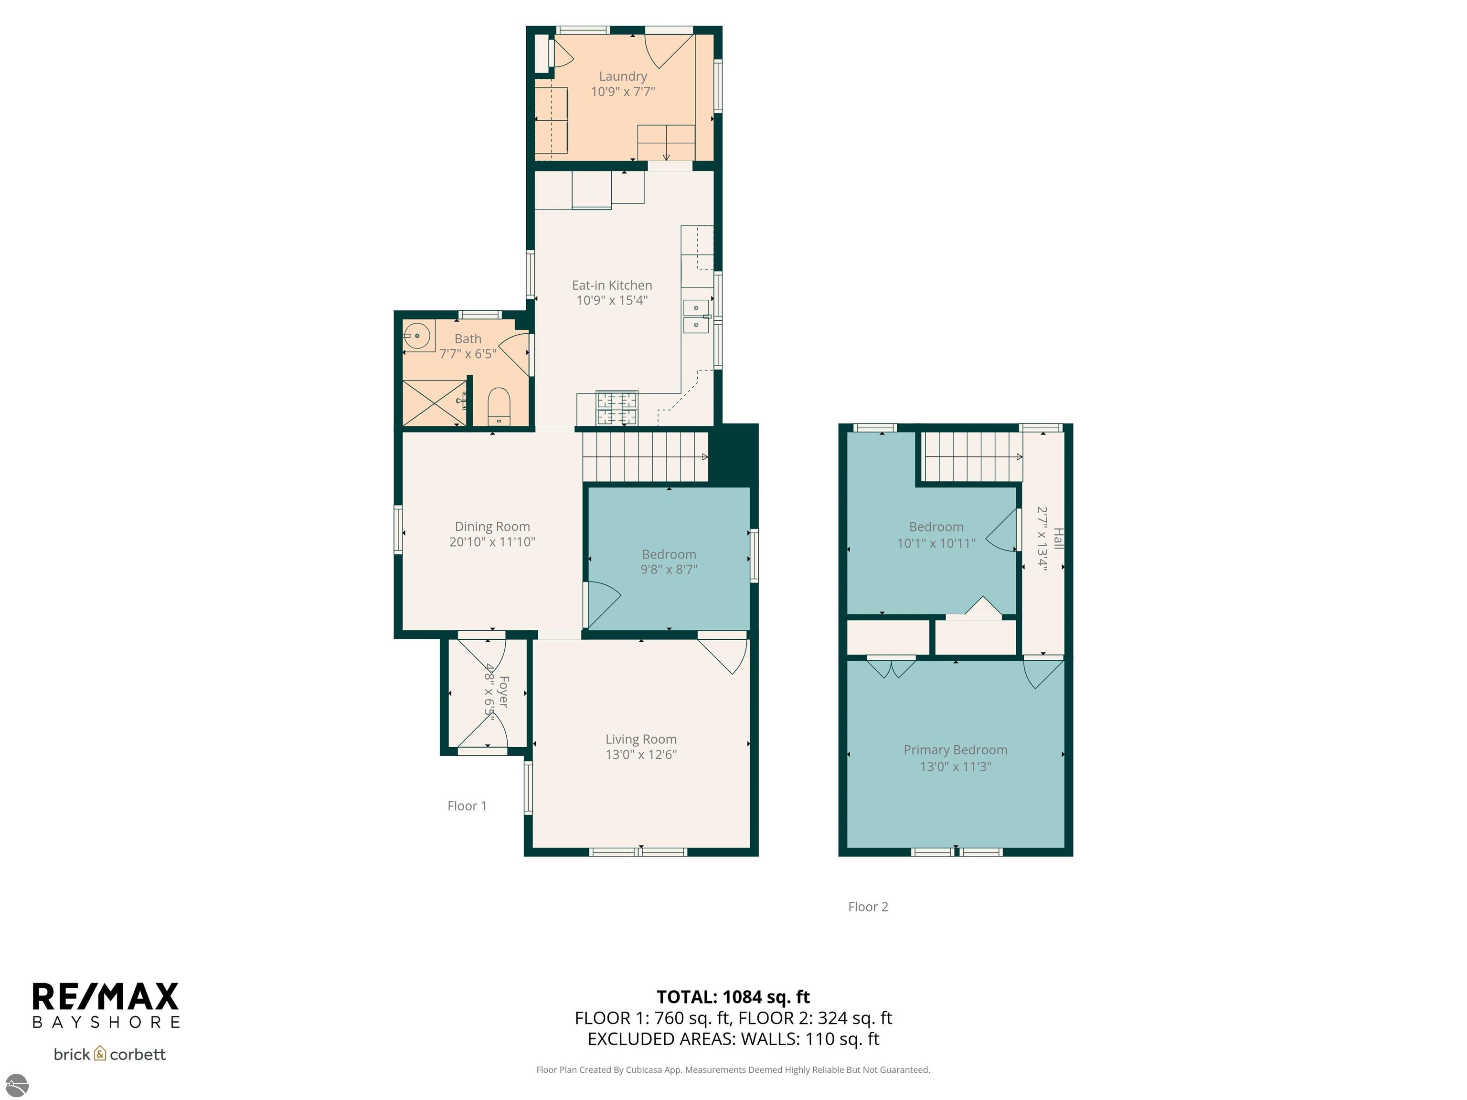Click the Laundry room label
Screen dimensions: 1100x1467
(x=623, y=76)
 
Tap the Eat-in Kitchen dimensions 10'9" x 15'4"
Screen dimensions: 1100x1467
(x=611, y=300)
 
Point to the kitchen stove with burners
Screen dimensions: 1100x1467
(x=617, y=408)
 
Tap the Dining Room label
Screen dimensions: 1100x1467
(x=492, y=527)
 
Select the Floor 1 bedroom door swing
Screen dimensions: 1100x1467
(x=602, y=603)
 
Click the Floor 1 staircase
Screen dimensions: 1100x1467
(x=645, y=456)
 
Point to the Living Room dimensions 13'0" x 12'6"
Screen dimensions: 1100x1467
(x=641, y=754)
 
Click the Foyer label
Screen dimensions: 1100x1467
(x=503, y=692)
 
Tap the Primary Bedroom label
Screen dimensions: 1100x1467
(x=955, y=750)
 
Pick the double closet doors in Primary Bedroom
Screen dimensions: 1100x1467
(x=891, y=668)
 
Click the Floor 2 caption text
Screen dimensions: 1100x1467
(x=868, y=906)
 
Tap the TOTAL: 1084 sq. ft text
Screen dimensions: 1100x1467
(x=733, y=997)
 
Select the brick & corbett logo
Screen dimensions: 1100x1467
(x=109, y=1054)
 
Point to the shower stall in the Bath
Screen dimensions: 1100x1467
(x=433, y=403)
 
